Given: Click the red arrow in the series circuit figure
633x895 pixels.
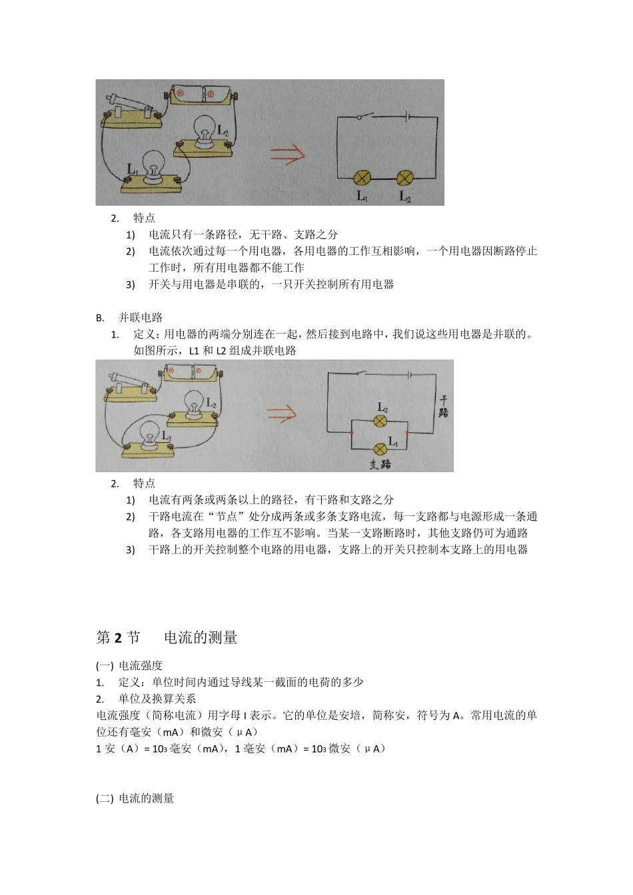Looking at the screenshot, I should point(288,155).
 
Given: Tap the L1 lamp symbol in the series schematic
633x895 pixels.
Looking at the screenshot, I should point(362,178).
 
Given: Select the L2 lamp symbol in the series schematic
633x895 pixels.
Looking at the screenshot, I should point(405,178).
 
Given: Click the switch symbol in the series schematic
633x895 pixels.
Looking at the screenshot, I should point(364,117).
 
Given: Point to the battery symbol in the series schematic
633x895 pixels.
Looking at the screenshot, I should point(407,117).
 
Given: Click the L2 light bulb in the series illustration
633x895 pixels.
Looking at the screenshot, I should point(204,129).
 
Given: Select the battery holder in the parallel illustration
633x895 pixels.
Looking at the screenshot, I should point(193,371).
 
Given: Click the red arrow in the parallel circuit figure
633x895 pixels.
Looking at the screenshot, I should point(282,414).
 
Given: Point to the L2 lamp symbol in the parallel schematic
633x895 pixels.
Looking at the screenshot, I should point(380,421).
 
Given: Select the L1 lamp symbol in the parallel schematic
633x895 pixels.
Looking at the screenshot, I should point(380,448).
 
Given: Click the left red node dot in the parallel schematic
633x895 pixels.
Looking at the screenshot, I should point(352,433).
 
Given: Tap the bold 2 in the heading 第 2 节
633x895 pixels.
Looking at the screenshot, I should point(119,638).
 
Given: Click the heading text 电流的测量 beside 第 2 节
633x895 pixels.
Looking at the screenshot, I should point(201,638).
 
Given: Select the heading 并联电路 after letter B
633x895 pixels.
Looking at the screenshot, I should point(141,318).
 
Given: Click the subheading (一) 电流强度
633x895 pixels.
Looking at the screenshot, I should point(129,665).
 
